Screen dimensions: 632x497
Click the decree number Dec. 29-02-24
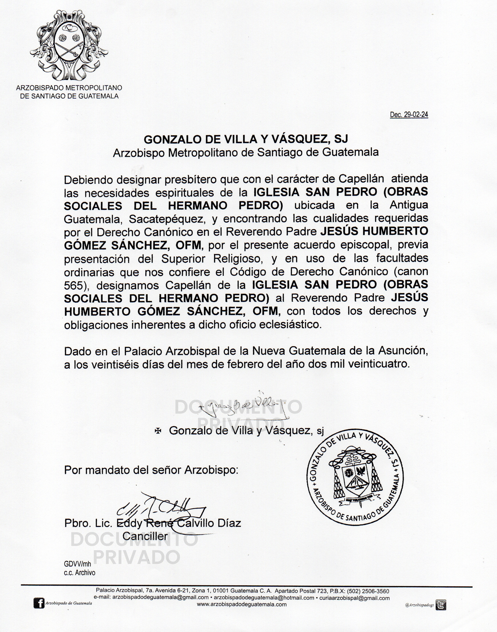coord(409,115)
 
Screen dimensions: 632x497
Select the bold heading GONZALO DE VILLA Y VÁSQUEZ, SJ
coord(246,139)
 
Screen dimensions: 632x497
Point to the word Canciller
coord(145,536)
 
